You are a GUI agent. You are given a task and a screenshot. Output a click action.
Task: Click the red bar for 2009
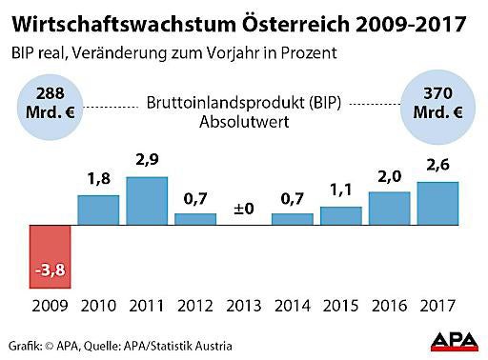pos(50,257)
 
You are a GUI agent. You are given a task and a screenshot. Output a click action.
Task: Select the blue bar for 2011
pos(147,201)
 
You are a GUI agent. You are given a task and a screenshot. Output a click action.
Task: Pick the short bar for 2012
pos(195,219)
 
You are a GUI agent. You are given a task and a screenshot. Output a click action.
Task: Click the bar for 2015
pos(341,216)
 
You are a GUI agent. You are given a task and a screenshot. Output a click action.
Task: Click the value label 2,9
pos(147,162)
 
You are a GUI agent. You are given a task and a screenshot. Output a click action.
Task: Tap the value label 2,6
pos(437,167)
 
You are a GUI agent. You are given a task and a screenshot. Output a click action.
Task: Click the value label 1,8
pos(98,180)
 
